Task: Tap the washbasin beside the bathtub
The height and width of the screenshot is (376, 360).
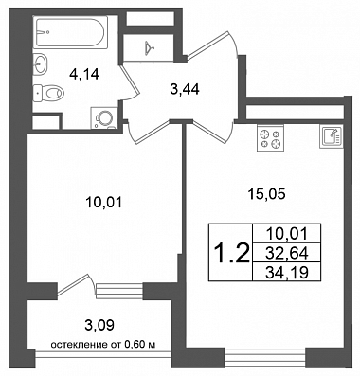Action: [40, 63]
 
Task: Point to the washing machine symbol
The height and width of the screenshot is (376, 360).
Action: [104, 117]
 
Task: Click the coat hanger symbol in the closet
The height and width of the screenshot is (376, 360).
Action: [149, 47]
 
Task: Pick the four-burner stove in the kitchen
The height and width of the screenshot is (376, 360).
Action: [270, 137]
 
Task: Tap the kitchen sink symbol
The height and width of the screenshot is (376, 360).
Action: [332, 136]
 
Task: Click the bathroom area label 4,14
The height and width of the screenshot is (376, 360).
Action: [84, 74]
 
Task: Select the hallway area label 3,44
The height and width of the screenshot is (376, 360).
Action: [185, 90]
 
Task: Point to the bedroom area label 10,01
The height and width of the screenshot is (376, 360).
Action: [103, 203]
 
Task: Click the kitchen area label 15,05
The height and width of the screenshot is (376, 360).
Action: [267, 194]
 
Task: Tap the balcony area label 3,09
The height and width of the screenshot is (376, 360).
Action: [99, 325]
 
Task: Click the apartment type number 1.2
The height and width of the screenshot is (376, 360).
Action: [231, 253]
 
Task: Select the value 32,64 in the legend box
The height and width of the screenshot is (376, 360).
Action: [287, 253]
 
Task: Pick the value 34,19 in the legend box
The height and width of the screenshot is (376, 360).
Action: [287, 272]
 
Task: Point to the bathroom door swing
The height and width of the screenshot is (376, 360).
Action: [129, 81]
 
